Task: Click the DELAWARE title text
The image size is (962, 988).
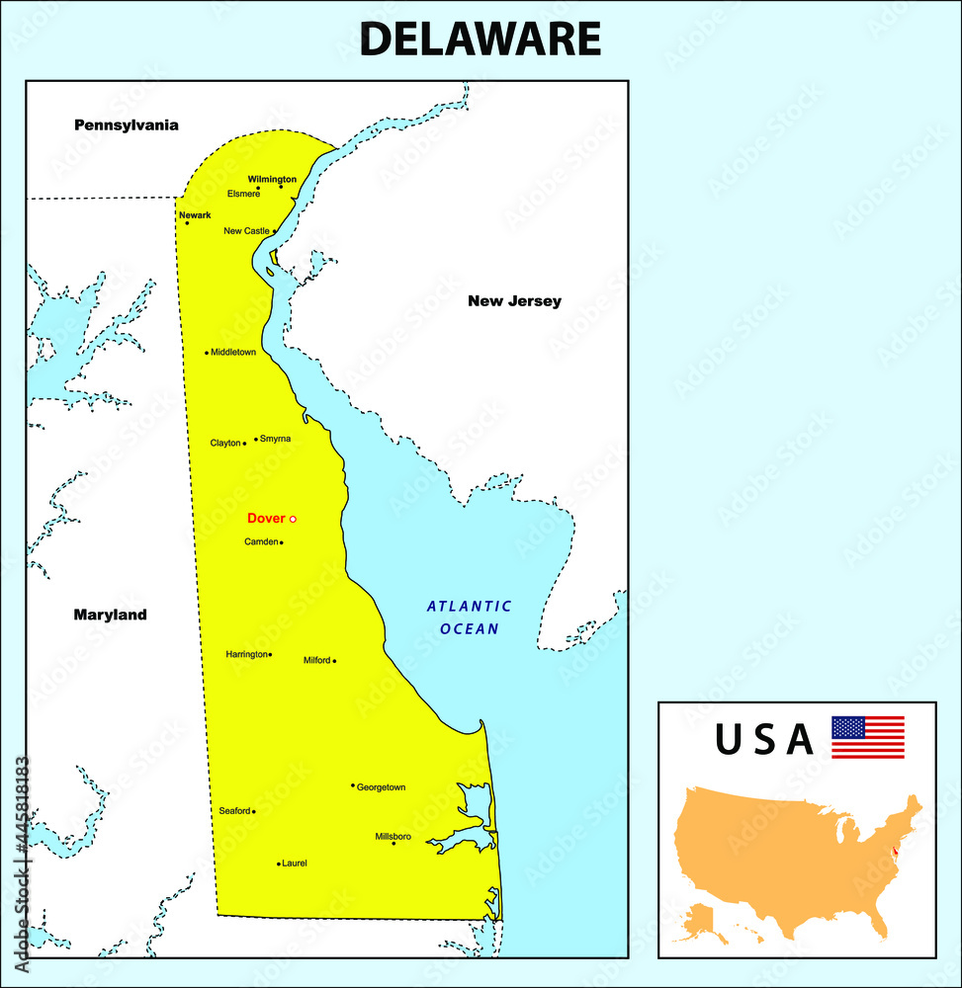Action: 480,40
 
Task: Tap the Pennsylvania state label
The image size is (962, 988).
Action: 127,125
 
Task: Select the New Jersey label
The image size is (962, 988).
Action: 514,301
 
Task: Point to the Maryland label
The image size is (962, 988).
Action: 110,615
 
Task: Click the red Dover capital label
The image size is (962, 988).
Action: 266,518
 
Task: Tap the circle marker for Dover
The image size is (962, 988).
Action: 293,519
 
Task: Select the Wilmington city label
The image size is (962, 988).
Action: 272,179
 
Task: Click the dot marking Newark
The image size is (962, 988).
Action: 187,223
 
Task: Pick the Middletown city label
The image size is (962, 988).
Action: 233,352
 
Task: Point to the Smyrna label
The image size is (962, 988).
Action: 275,438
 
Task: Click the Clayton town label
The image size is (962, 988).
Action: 225,444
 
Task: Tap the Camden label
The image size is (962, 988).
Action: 261,541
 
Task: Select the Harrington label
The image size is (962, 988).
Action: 247,654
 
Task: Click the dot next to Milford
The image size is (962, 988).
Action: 334,661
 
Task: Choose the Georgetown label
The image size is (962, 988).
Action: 381,787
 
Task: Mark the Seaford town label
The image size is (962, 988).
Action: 234,811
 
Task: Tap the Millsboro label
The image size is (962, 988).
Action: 393,836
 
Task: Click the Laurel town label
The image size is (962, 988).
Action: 295,863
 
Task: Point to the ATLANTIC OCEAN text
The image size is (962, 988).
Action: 470,617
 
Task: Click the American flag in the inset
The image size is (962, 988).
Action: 867,737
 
